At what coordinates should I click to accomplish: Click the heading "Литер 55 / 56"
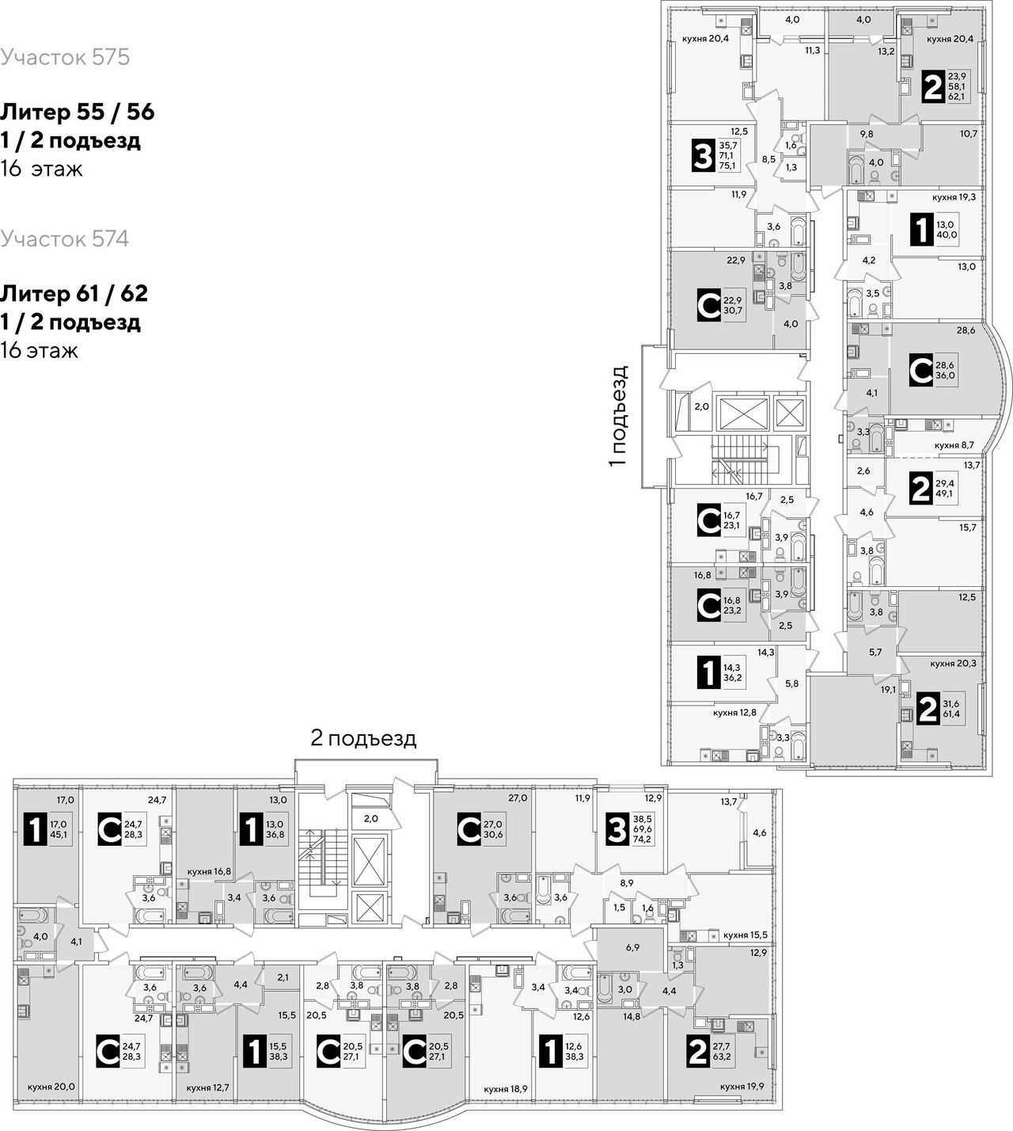[77, 112]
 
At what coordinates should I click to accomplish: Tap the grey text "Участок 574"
[64, 239]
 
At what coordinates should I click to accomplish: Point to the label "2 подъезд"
[363, 738]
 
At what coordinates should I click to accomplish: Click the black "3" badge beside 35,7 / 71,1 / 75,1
[703, 156]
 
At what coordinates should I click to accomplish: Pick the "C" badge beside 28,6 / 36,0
[921, 370]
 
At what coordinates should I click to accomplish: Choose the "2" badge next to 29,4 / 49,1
[920, 489]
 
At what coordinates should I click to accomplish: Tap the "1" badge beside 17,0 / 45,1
[35, 831]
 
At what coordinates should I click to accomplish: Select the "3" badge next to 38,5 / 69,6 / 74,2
[617, 830]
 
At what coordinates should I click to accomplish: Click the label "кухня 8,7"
[954, 445]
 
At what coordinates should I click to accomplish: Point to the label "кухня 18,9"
[506, 1089]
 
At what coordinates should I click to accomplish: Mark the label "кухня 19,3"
[954, 197]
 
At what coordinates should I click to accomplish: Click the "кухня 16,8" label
[209, 871]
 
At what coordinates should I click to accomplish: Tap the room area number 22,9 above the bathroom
[736, 260]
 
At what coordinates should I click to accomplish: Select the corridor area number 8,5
[768, 159]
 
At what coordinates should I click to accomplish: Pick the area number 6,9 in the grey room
[632, 947]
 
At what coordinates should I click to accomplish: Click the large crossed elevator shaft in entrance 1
[742, 413]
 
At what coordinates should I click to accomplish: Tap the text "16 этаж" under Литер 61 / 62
[39, 351]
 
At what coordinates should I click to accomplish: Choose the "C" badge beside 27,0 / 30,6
[469, 830]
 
